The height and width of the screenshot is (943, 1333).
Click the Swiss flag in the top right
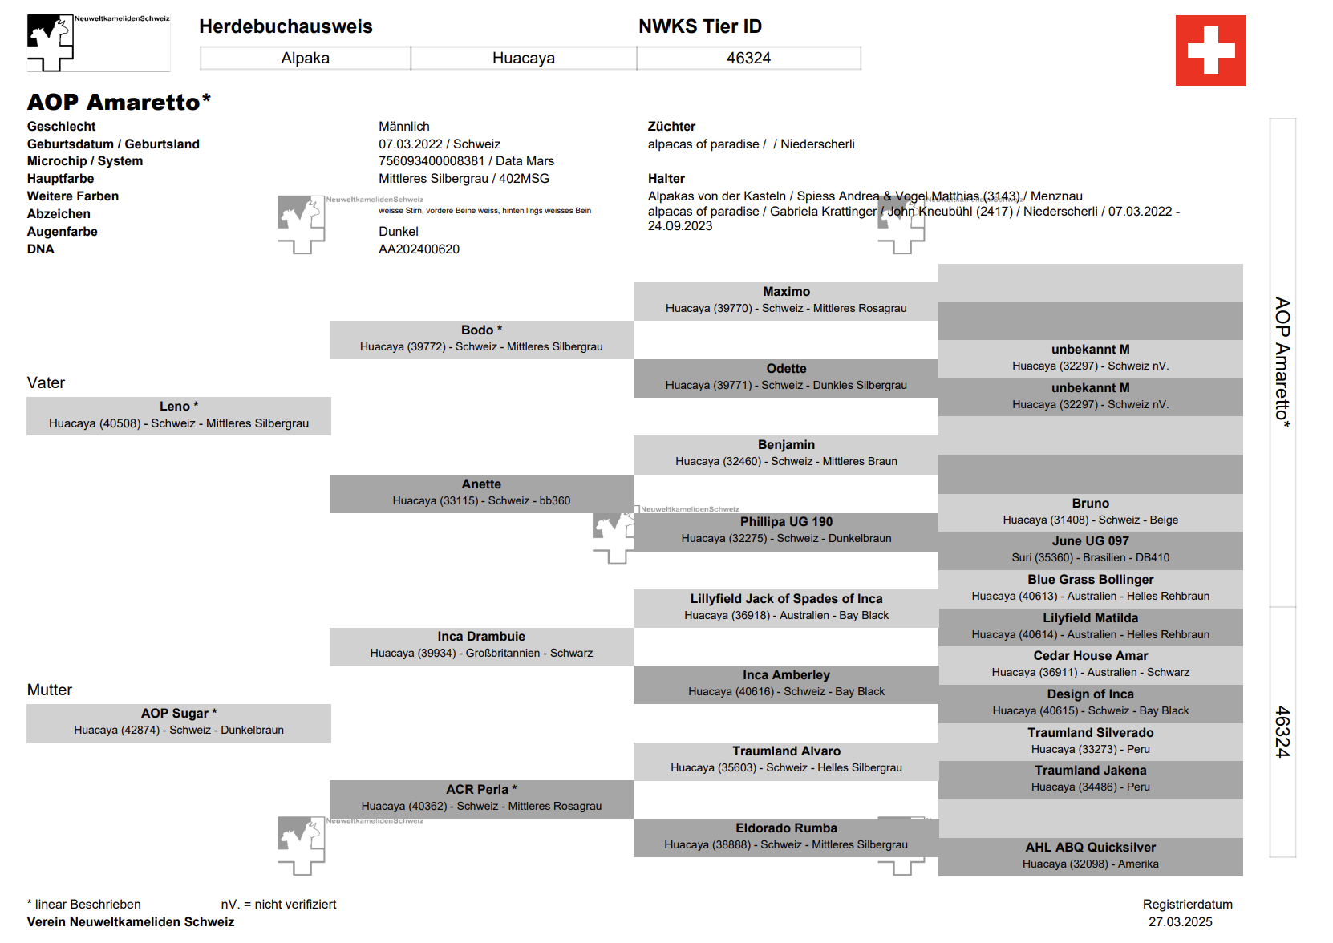click(x=1210, y=51)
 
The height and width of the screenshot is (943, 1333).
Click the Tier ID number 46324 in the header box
click(x=748, y=58)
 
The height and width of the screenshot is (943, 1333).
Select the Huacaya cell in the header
click(x=523, y=58)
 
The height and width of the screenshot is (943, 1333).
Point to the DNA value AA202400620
click(x=419, y=249)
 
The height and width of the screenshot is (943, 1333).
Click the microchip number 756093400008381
click(x=432, y=161)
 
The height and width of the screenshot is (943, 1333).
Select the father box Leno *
click(x=178, y=415)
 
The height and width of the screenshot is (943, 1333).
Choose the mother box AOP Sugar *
click(x=178, y=722)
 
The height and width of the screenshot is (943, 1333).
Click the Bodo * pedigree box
click(x=481, y=339)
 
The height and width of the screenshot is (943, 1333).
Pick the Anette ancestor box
click(x=481, y=493)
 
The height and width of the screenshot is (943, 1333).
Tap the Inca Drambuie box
click(x=481, y=646)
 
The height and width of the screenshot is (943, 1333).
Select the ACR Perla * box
click(x=481, y=799)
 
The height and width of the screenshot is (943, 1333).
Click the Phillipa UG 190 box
click(x=786, y=531)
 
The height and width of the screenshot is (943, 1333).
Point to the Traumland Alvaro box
click(x=786, y=760)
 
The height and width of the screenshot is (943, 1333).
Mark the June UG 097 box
click(x=1090, y=550)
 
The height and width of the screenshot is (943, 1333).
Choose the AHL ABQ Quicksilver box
click(x=1090, y=856)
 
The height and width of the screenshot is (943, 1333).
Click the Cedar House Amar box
click(x=1090, y=665)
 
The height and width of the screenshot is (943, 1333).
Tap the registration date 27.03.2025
click(x=1180, y=922)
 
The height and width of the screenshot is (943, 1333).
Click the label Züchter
click(x=671, y=127)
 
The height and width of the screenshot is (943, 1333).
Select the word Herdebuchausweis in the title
click(x=286, y=26)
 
